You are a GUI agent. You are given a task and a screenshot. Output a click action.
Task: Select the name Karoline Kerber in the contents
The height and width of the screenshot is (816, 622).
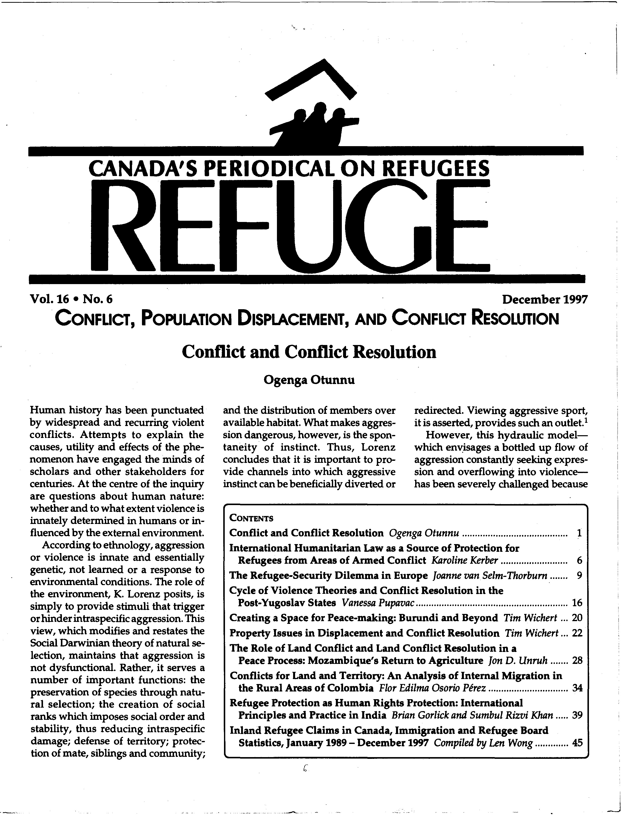point(465,560)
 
